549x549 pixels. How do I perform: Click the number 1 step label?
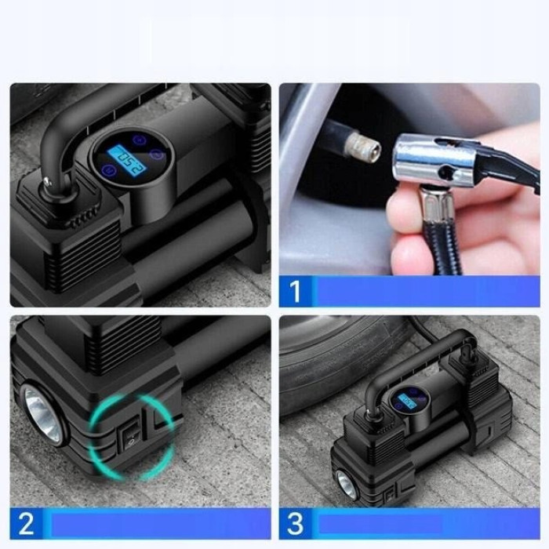[295, 291]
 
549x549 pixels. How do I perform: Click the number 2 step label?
[26, 524]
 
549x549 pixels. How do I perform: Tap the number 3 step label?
[295, 524]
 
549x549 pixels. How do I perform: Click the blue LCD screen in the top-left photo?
[126, 161]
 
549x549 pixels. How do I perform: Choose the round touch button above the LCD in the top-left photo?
[138, 140]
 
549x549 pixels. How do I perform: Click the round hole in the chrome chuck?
[446, 172]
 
